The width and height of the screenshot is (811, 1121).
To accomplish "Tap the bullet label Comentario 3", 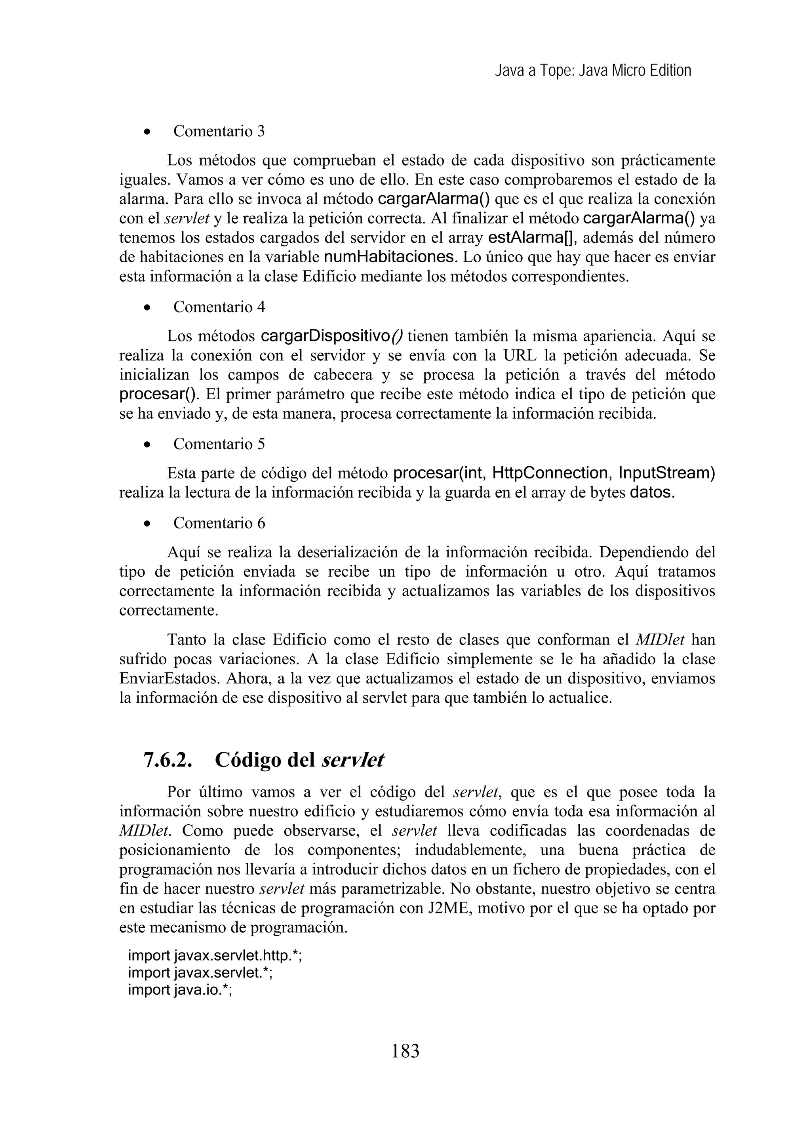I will (219, 131).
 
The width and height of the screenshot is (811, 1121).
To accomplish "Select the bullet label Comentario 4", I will (219, 307).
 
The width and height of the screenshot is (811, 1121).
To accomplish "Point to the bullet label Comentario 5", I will (219, 444).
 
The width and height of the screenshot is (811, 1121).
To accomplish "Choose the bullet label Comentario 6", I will (219, 522).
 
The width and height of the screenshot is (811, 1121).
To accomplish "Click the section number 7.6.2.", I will (168, 760).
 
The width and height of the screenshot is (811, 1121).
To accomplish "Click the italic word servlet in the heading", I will (352, 760).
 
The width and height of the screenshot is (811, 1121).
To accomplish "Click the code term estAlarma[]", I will (529, 238).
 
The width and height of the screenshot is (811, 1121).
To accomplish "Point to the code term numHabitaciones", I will (388, 257).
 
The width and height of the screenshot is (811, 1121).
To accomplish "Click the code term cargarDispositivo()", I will (331, 336).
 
